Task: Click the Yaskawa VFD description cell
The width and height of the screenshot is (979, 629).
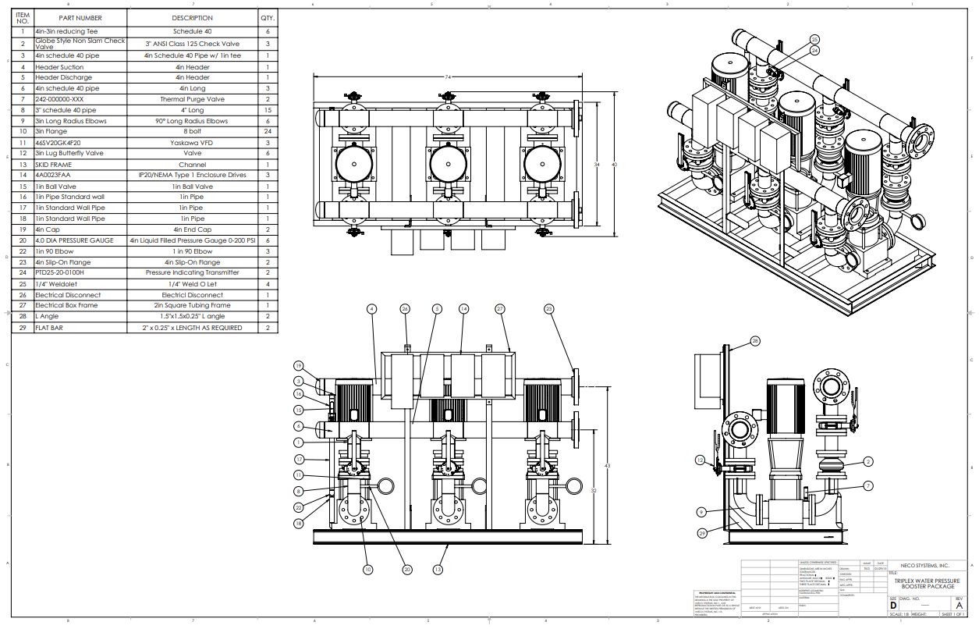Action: pyautogui.click(x=192, y=144)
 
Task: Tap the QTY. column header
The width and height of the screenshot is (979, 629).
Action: pyautogui.click(x=268, y=17)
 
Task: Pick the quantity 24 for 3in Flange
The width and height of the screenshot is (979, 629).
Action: pyautogui.click(x=268, y=132)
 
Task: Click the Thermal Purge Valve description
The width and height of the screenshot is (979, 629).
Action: pyautogui.click(x=192, y=100)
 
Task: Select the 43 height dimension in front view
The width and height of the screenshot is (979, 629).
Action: pyautogui.click(x=608, y=466)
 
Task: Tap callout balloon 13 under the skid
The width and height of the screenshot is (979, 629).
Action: pyautogui.click(x=438, y=570)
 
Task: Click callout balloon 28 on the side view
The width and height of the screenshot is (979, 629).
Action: pyautogui.click(x=755, y=341)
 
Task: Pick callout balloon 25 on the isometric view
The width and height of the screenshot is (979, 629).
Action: pyautogui.click(x=814, y=39)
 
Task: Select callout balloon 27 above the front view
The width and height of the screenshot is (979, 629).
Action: pyautogui.click(x=500, y=309)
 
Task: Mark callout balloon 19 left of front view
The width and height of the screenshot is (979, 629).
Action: pyautogui.click(x=298, y=366)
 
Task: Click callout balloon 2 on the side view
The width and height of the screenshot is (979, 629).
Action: pyautogui.click(x=868, y=462)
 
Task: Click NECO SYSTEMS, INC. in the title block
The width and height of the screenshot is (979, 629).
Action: pyautogui.click(x=924, y=565)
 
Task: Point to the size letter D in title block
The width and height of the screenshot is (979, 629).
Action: pyautogui.click(x=893, y=605)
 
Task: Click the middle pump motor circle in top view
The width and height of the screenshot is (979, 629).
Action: pyautogui.click(x=449, y=165)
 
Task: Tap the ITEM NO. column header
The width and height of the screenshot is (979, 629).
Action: pyautogui.click(x=23, y=17)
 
